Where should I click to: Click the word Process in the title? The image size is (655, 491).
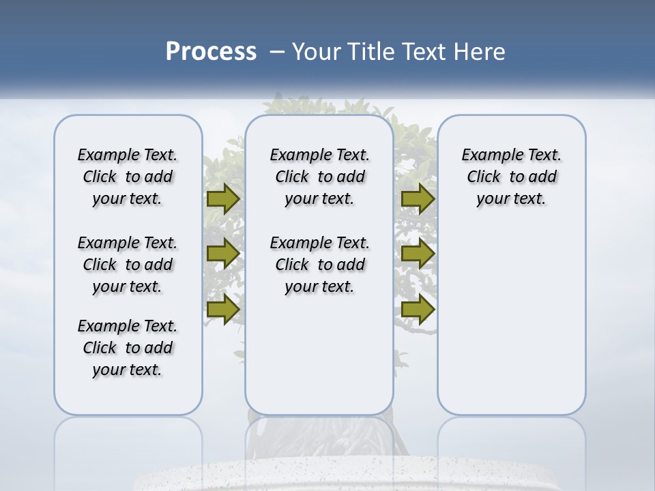pos(211,51)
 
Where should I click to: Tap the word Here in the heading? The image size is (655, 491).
pos(482,52)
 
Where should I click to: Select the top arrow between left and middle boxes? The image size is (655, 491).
pos(222,198)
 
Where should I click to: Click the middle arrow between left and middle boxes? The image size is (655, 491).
pos(222,253)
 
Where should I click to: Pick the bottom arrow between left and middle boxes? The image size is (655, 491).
pos(222,309)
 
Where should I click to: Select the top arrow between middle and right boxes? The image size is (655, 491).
pos(418,198)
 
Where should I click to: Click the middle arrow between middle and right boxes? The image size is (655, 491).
pos(418,253)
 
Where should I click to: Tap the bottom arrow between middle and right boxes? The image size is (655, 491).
pos(418,309)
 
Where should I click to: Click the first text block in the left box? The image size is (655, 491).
pos(128,177)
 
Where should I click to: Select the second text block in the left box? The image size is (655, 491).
pos(128,265)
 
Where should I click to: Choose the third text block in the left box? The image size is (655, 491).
pos(128,348)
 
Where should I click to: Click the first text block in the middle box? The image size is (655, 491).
pos(320,177)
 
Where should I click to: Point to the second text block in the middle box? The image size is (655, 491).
pos(320,265)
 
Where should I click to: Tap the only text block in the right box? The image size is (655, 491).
pos(512,177)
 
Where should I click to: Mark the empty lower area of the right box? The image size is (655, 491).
pos(512,321)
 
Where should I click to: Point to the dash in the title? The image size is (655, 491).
pos(277,52)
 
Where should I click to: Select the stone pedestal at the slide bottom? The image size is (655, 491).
pos(327,477)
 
